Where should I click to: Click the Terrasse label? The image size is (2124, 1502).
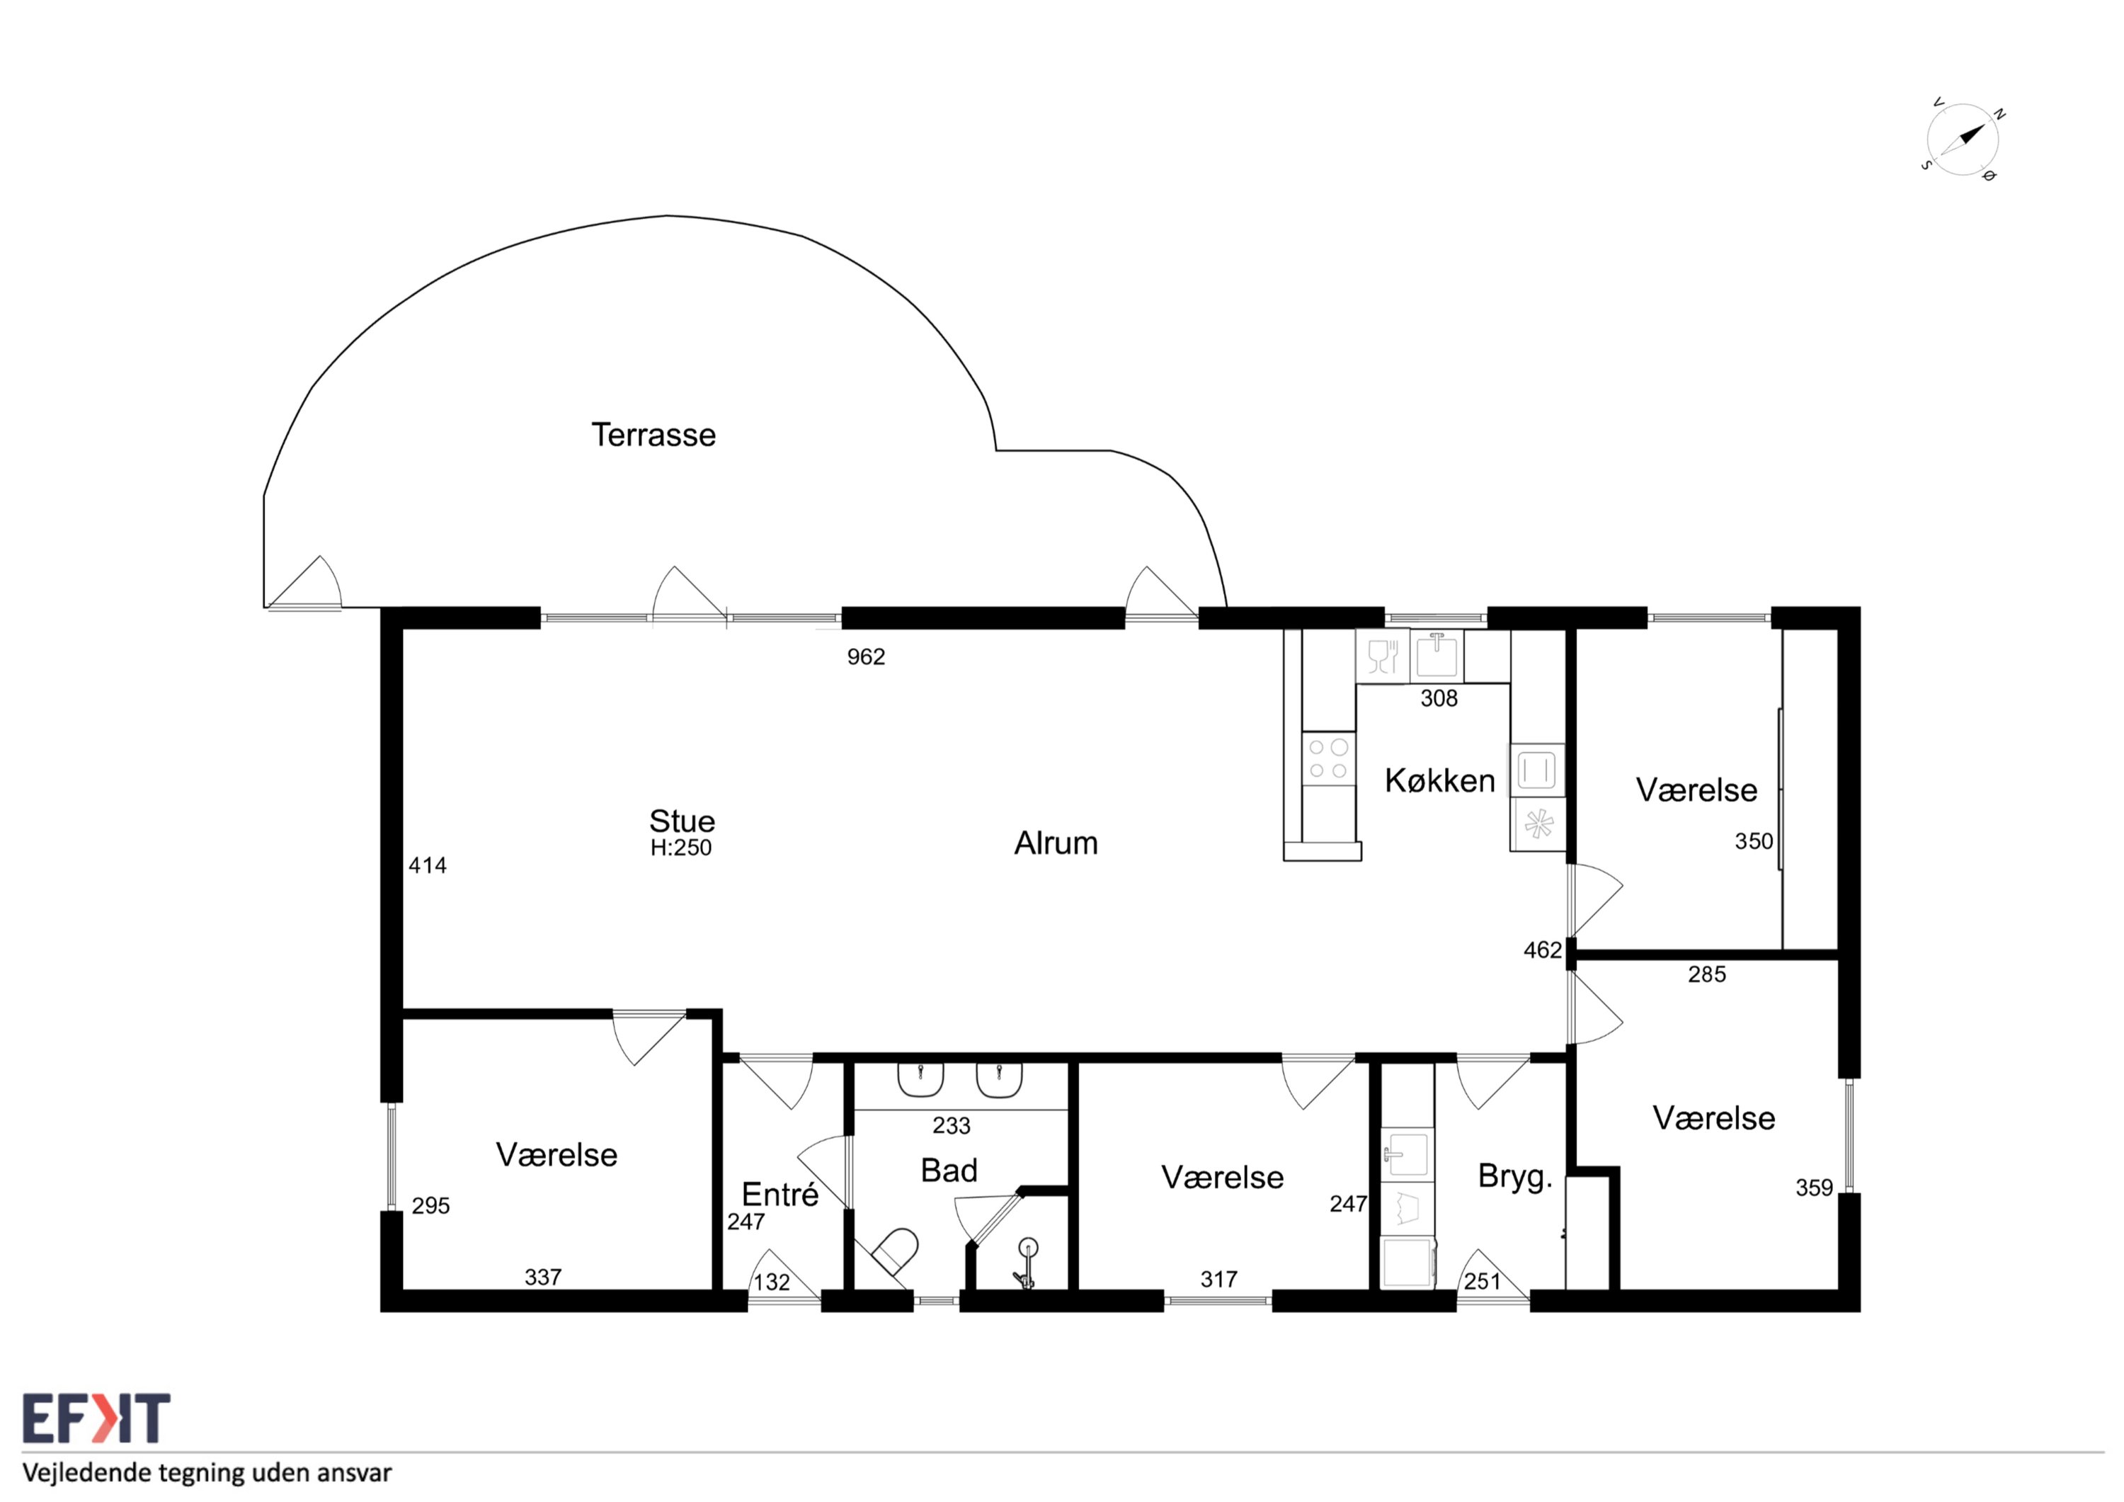tap(653, 435)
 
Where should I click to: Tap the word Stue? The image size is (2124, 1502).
tap(682, 821)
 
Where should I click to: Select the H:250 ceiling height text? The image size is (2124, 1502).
tap(681, 848)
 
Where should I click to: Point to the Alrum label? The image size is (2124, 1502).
tap(1056, 843)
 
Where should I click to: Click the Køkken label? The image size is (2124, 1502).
tap(1439, 781)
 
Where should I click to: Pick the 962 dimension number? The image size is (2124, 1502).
tap(866, 657)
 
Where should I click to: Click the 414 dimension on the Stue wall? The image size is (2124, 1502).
tap(428, 865)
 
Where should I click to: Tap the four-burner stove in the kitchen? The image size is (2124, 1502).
tap(1328, 759)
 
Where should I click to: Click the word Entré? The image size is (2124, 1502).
tap(780, 1195)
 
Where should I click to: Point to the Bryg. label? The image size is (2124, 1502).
tap(1514, 1177)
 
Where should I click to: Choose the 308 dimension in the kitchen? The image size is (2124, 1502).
tap(1439, 699)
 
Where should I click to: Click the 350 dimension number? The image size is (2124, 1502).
tap(1753, 841)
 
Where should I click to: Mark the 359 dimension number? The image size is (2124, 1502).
tap(1814, 1188)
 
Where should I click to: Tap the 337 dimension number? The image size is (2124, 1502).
tap(543, 1277)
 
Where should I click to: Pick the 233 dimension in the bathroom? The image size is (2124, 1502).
tap(951, 1125)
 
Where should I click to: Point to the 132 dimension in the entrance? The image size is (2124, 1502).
tap(772, 1282)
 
